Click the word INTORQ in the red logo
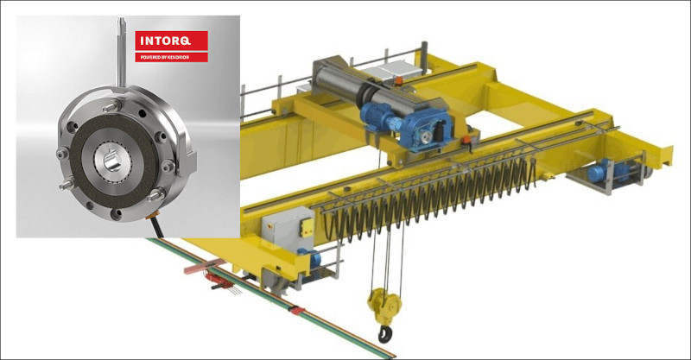165,41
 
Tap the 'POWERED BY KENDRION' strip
171,57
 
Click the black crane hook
384,333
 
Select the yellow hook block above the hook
384,306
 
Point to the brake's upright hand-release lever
121,52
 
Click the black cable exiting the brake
156,226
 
